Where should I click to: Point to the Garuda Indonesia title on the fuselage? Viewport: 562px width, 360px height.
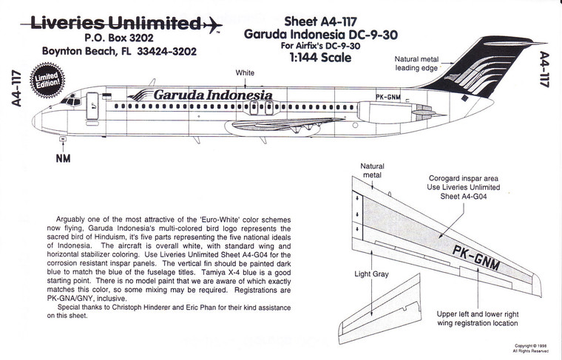pyautogui.click(x=213, y=95)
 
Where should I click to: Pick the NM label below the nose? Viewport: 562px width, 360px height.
pyautogui.click(x=62, y=157)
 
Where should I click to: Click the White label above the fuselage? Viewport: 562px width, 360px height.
pyautogui.click(x=245, y=72)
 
